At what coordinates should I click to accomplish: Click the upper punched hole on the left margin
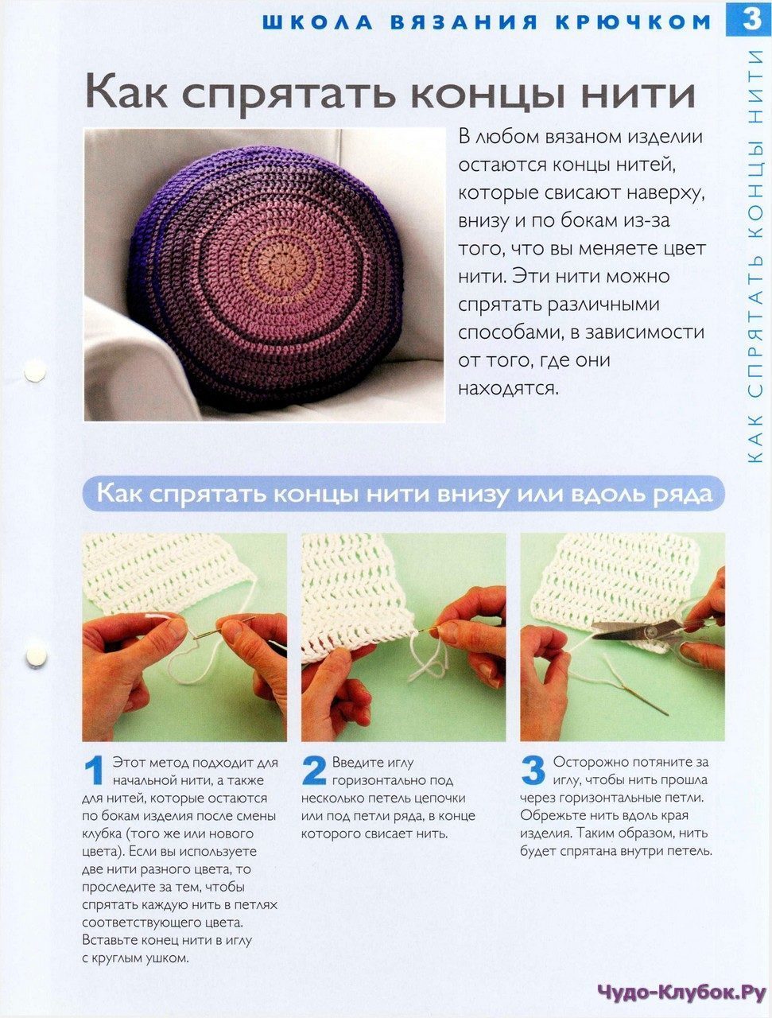[x=35, y=371]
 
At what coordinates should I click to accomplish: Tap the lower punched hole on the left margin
[x=36, y=656]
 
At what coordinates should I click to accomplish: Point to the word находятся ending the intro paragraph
[x=508, y=388]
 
